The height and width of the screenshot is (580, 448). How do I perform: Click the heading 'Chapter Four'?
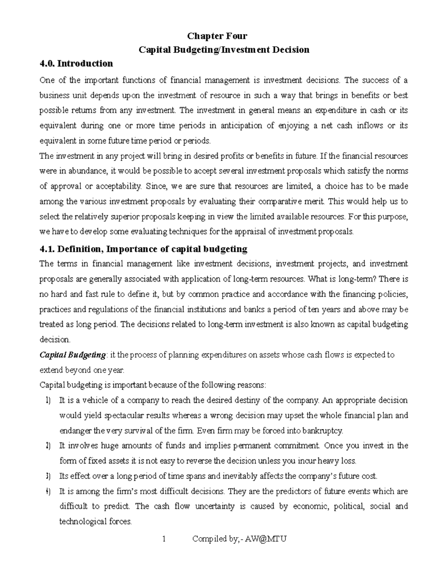(217, 36)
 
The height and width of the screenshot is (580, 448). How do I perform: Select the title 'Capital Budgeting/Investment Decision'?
(224, 50)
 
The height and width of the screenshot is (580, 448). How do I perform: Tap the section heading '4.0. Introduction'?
(76, 63)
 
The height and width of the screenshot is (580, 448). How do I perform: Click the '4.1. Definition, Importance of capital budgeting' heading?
(143, 249)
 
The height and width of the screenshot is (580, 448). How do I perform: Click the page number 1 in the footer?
(164, 539)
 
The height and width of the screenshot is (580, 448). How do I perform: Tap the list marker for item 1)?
(48, 400)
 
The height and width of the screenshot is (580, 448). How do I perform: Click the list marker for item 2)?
(48, 446)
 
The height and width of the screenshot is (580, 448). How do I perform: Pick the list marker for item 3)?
(48, 476)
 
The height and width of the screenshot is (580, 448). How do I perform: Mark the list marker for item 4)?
(48, 491)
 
